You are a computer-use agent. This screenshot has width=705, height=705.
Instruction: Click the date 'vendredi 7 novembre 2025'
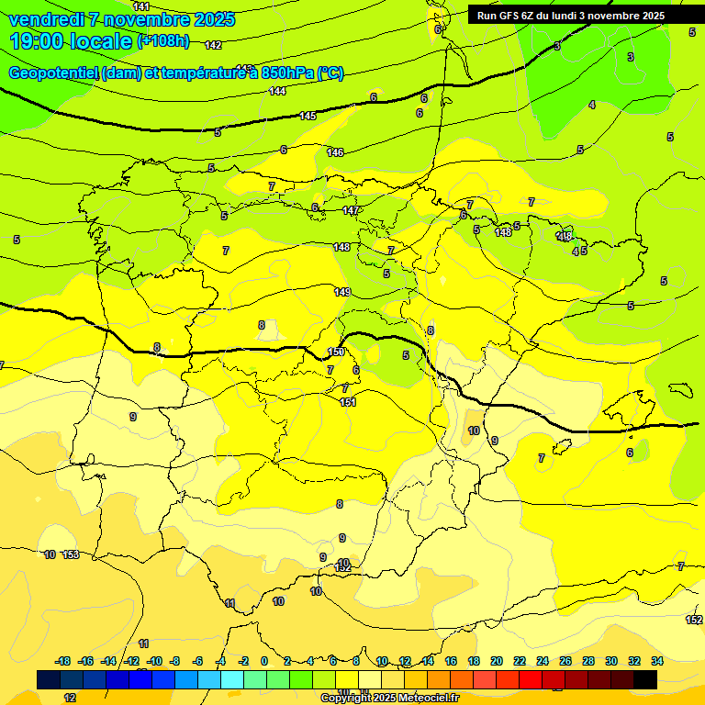tap(122, 19)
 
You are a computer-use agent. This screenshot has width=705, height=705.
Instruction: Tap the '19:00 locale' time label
tap(71, 41)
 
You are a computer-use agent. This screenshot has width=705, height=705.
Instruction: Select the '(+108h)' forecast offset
tap(163, 41)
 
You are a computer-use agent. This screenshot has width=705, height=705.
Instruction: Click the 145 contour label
tap(308, 116)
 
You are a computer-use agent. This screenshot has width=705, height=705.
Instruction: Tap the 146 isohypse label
tap(335, 152)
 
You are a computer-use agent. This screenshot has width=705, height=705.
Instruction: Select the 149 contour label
tap(342, 292)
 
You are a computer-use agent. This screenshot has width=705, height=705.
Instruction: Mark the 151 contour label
tap(347, 402)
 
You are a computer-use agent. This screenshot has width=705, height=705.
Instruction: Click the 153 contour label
tap(71, 554)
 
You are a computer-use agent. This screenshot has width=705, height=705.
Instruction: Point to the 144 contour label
tap(277, 91)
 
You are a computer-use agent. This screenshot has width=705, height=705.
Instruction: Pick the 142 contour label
tap(213, 45)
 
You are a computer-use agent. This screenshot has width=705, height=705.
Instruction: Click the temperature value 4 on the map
tap(592, 106)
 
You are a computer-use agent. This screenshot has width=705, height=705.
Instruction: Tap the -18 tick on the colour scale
tap(63, 661)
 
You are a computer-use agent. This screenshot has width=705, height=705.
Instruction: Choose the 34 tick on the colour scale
tap(657, 661)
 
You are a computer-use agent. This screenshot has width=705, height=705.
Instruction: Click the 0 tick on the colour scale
tap(264, 661)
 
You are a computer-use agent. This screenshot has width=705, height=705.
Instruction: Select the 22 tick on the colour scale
tap(520, 661)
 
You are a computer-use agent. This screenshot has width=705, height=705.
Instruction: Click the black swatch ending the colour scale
tap(645, 679)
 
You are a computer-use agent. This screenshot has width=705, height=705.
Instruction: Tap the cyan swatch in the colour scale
tap(232, 679)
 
